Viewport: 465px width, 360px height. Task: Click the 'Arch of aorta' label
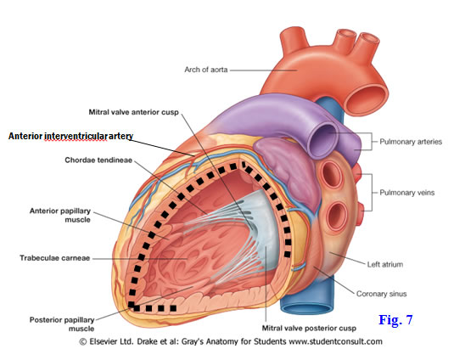tap(206, 70)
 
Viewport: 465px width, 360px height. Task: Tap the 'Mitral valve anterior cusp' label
tap(134, 112)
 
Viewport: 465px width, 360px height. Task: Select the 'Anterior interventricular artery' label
tap(70, 136)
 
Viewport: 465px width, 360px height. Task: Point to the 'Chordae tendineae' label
tap(98, 160)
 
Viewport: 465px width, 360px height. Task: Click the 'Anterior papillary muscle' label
tap(60, 215)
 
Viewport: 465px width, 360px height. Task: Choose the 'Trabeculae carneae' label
tap(54, 258)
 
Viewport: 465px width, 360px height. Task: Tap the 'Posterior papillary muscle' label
tap(62, 324)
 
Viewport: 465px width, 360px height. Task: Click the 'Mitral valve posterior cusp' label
tap(309, 329)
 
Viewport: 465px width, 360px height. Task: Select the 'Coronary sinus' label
tap(381, 294)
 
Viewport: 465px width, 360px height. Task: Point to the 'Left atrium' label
tap(385, 264)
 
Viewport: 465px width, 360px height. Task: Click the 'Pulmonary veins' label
tap(407, 193)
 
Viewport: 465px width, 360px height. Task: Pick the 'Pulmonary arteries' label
tap(411, 142)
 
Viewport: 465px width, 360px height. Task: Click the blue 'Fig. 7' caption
tap(395, 319)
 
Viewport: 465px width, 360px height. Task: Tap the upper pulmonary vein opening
tap(332, 173)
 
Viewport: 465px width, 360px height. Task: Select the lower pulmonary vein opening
tap(337, 216)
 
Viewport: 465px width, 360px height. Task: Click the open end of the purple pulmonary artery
tap(323, 140)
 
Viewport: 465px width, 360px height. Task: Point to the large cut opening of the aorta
tap(367, 98)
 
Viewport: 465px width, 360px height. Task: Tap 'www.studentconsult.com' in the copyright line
tap(335, 341)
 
